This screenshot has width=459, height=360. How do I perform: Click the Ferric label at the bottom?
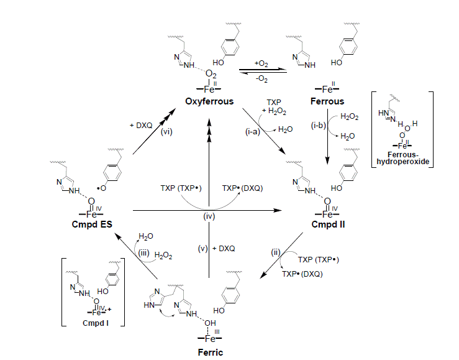pyautogui.click(x=209, y=352)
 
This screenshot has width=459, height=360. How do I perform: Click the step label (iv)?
pyautogui.click(x=209, y=217)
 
